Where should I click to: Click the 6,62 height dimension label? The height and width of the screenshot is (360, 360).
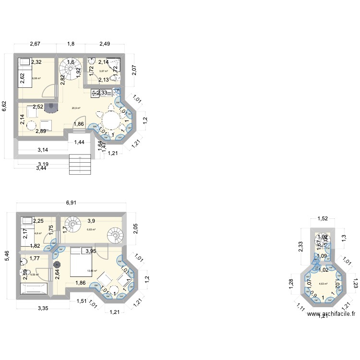[x=5, y=106]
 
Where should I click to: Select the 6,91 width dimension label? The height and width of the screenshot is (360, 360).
[x=71, y=203]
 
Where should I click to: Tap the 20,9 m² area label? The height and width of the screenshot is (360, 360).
[x=76, y=108]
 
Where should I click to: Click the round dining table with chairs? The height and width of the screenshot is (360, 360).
[x=111, y=118]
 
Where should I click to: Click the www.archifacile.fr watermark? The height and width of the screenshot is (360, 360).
[x=332, y=315]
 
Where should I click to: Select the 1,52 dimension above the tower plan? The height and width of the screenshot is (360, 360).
[x=323, y=219]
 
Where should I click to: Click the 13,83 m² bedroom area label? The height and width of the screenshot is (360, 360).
[x=92, y=271]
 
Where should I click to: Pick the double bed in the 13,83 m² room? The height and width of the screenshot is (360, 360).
[x=81, y=263]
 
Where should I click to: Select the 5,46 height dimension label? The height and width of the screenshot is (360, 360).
[x=6, y=256]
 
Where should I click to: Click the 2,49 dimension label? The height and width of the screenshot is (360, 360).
[x=105, y=44]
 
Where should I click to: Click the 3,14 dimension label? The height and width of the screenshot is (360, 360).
[x=42, y=150]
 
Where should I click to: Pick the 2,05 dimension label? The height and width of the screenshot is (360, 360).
[x=136, y=229]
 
